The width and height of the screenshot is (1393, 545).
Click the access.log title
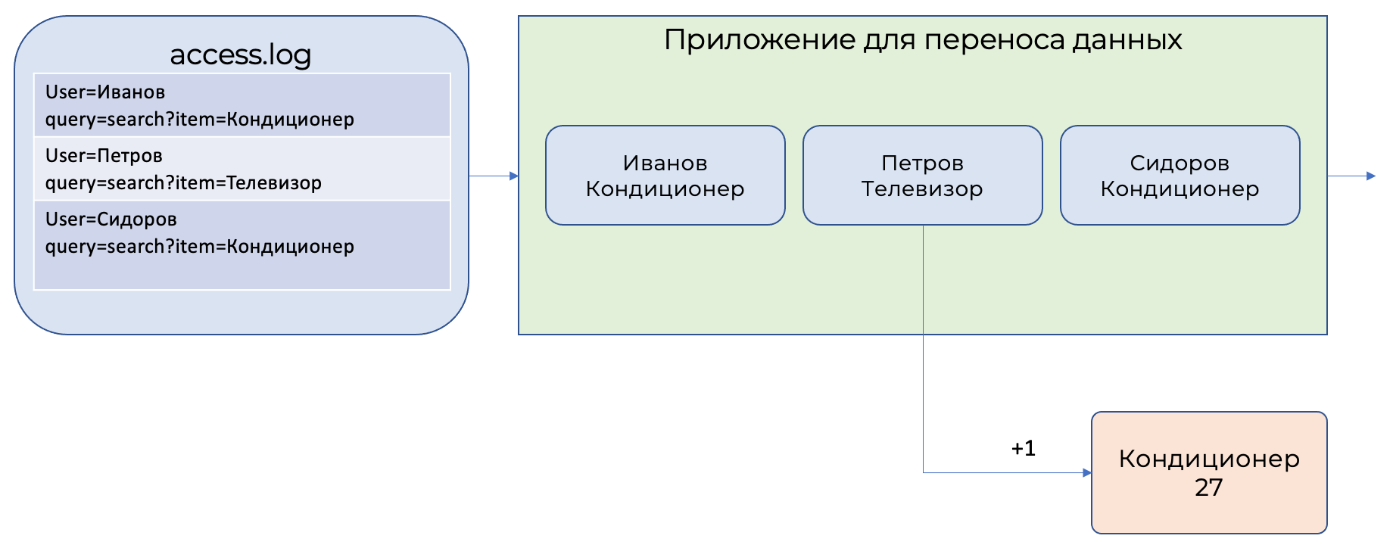coord(240,54)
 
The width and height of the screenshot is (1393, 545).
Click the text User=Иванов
coord(105,92)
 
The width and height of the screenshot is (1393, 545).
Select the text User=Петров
coord(104,156)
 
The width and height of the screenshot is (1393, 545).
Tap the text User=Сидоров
coord(111,220)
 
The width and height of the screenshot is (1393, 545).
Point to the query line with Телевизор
coord(183,183)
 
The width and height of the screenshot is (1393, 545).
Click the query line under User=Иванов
coord(200,120)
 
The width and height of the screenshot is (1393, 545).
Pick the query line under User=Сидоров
coord(200,247)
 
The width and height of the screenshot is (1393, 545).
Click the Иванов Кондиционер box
coord(665,175)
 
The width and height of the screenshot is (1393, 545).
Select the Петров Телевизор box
coord(922,175)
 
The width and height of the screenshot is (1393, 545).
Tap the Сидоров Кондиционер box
coord(1180,175)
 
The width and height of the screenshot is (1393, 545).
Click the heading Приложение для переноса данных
coord(922,40)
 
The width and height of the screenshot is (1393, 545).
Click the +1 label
coord(1023,448)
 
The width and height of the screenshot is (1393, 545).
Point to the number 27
coord(1208,487)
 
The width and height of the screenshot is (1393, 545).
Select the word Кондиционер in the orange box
coord(1209,459)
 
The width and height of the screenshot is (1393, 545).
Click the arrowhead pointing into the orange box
coord(1087,473)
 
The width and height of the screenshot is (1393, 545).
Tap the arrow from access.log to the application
coord(493,176)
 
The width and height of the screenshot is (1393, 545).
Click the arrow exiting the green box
coord(1351,176)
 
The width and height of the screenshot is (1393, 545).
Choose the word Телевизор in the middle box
coord(922,188)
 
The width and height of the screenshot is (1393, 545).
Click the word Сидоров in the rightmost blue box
coord(1180,163)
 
